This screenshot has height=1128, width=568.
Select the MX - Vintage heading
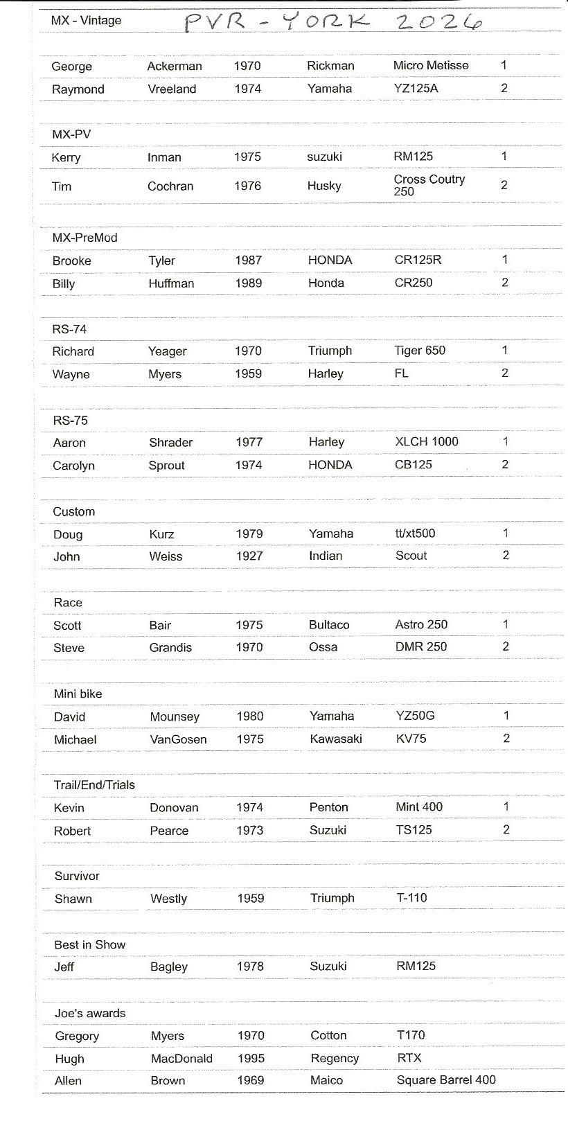pos(86,21)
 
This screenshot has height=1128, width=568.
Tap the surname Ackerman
pos(175,67)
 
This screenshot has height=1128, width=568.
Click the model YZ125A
pos(416,89)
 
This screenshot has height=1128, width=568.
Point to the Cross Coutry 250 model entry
pos(429,185)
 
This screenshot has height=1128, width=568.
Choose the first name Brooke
pos(72,261)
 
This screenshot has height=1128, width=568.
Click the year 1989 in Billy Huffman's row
pos(249,283)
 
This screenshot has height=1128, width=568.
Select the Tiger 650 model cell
pos(420,351)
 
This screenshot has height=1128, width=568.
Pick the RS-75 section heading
pos(70,421)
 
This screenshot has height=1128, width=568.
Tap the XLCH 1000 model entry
pos(427,442)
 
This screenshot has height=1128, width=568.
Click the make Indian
pos(326,556)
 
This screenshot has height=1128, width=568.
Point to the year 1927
pos(249,556)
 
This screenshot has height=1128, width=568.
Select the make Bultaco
pos(329,625)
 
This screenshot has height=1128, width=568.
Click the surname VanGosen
pos(178,739)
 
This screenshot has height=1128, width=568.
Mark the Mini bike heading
pos(78,694)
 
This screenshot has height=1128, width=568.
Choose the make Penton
pos(329,807)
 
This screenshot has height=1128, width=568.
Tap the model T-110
pos(411,898)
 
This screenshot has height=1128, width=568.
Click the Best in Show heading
pos(90,945)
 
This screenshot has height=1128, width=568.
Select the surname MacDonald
pos(181,1059)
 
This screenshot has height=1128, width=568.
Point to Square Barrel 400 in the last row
pos(446,1080)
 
